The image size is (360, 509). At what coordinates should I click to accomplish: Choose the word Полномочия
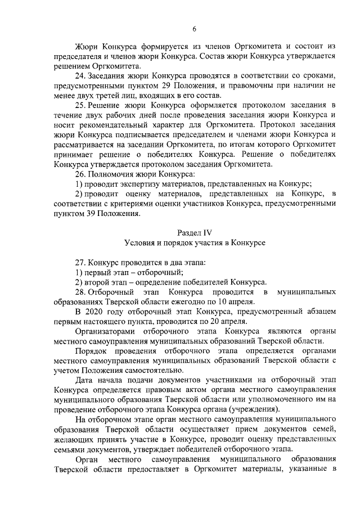pyautogui.click(x=112, y=174)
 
